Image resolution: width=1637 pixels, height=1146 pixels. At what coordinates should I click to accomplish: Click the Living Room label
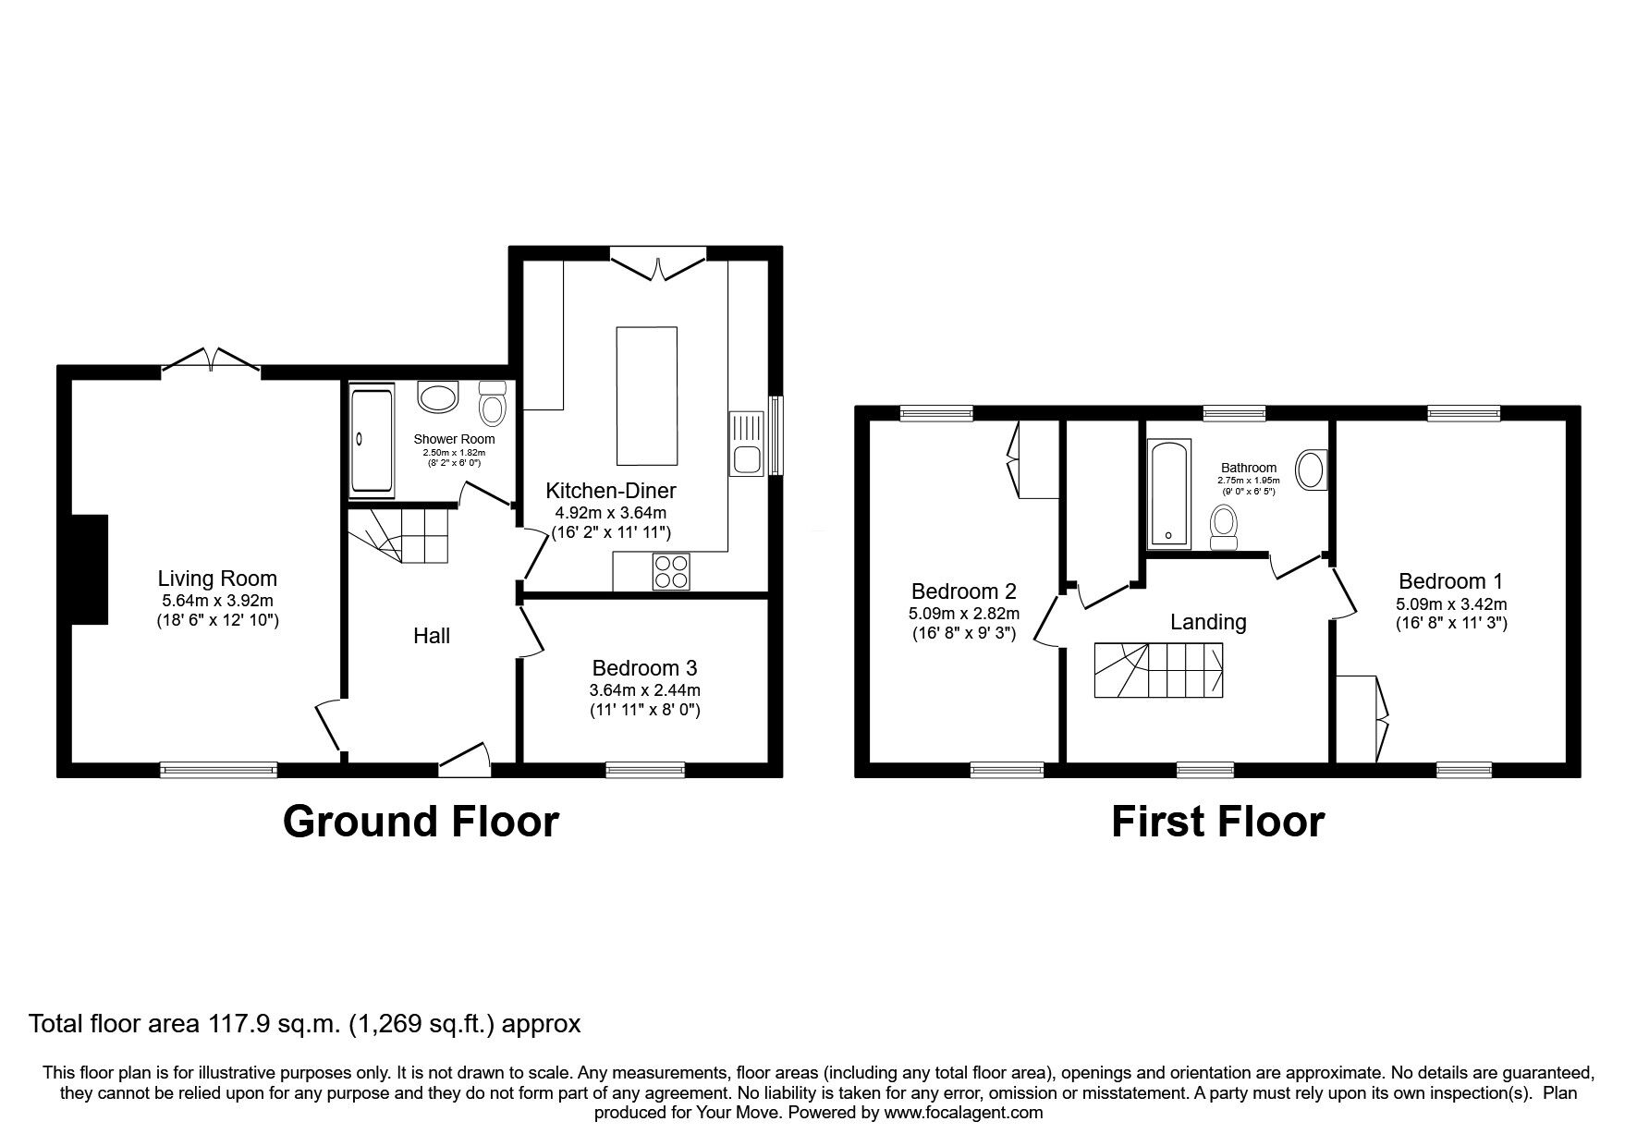coord(217,579)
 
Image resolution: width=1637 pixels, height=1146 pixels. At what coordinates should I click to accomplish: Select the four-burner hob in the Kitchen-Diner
coord(670,570)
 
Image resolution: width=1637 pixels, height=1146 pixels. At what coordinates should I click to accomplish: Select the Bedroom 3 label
coord(644,667)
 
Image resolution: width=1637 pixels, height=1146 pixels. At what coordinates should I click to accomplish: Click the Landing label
coord(1207,622)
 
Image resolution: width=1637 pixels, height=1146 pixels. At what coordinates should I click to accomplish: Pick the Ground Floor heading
coord(421,821)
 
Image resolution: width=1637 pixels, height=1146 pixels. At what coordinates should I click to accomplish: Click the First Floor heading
coord(1217,821)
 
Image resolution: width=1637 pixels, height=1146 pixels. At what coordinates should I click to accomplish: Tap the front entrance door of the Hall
coord(464,755)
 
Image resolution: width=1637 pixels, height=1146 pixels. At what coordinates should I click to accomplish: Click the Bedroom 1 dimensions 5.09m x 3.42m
coord(1450,603)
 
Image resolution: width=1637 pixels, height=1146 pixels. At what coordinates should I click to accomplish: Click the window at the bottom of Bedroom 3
coord(645,769)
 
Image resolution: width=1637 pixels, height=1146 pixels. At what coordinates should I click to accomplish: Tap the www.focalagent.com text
coord(963,1113)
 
